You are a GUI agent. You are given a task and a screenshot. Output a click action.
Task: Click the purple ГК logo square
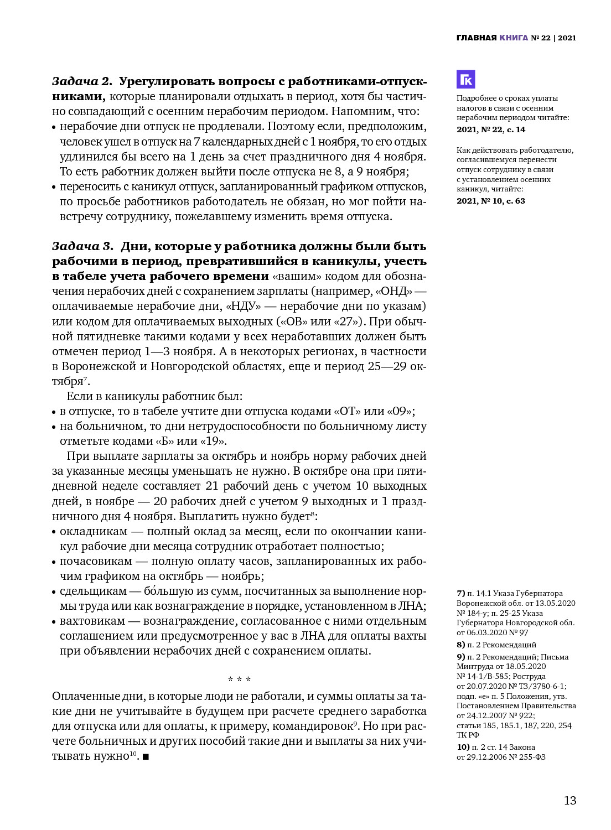(x=465, y=80)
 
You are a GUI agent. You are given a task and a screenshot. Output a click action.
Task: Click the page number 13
(x=570, y=801)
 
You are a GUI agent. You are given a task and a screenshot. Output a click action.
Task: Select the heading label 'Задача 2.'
(x=82, y=81)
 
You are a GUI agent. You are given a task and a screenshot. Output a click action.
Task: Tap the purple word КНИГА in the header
(x=513, y=38)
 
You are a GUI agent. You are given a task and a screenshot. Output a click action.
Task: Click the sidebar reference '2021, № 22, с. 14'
(x=491, y=129)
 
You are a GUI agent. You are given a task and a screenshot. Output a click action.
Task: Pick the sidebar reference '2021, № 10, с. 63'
(x=491, y=201)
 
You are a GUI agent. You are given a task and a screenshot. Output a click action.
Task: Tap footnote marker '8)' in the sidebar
(x=461, y=645)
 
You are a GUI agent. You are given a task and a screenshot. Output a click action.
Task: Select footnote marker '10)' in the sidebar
(x=463, y=747)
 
